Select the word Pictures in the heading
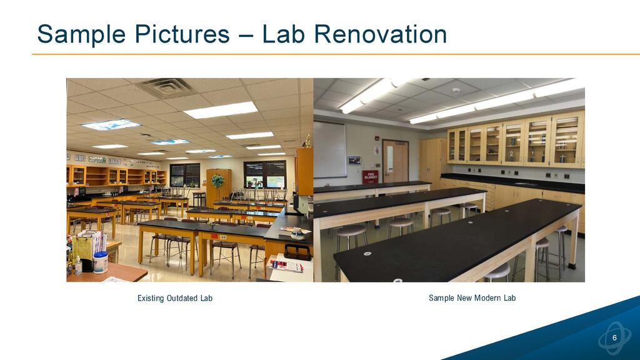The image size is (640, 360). coord(182,34)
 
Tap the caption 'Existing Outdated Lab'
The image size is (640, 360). coord(175,298)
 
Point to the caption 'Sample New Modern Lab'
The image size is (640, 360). coord(472,298)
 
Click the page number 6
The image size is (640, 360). coord(615,338)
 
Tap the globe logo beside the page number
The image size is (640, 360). coord(615,338)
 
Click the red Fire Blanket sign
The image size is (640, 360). coord(370,177)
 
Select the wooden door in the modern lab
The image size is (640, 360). coord(395,162)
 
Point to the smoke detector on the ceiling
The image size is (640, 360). coord(456,91)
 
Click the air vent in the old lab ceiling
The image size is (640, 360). coord(166,87)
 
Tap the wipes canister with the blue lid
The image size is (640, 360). coord(100,262)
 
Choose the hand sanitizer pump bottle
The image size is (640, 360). coord(78,266)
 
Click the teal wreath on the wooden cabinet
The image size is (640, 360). coord(217,181)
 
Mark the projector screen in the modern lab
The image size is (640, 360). coord(330,150)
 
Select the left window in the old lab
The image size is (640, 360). coord(185,175)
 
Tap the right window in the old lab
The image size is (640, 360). coord(265,174)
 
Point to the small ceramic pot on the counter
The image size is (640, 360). coord(297,234)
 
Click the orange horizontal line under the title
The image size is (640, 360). coord(336,54)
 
